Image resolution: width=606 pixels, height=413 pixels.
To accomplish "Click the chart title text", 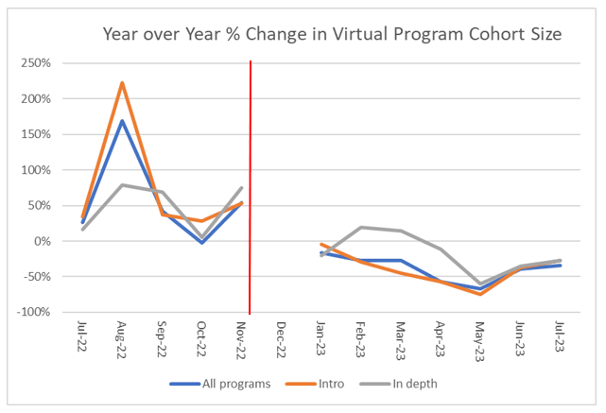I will click(x=333, y=35).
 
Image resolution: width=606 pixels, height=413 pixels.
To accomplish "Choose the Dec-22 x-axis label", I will click(x=282, y=338).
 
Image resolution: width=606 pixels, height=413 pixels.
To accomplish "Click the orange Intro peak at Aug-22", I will click(x=122, y=83).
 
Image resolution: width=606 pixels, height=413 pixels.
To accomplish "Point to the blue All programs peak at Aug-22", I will click(x=122, y=121).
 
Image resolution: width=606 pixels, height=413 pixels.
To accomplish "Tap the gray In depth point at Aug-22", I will click(x=122, y=185).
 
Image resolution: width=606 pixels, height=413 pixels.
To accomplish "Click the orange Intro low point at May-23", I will click(x=480, y=294).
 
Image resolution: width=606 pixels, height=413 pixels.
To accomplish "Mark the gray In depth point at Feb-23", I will click(x=360, y=227).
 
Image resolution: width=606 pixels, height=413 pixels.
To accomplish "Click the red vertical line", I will click(x=251, y=189).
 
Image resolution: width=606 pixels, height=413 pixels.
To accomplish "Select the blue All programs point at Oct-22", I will click(x=201, y=243).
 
